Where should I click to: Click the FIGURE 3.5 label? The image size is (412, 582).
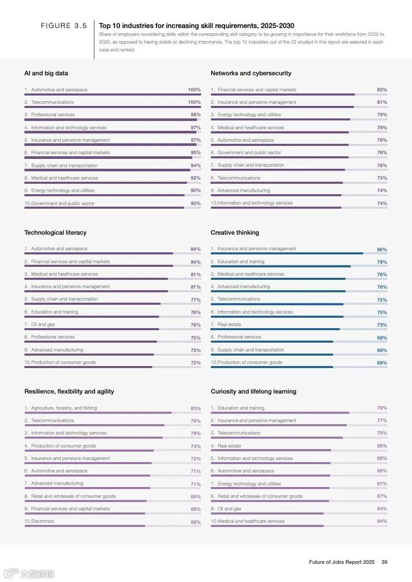(64, 26)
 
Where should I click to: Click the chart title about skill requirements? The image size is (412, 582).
(196, 25)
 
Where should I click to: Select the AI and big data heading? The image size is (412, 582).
(46, 73)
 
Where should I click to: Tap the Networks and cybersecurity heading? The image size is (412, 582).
(251, 73)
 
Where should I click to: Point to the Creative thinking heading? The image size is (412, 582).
(235, 233)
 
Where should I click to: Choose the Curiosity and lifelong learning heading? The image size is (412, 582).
(254, 391)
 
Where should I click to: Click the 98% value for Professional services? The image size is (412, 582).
(195, 115)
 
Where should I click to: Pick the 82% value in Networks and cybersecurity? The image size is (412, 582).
(382, 90)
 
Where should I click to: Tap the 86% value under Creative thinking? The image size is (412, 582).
(382, 249)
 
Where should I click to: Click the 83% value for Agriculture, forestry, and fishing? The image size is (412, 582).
(195, 409)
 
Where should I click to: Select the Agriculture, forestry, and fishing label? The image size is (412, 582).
(64, 408)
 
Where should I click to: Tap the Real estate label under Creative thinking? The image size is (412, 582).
(229, 324)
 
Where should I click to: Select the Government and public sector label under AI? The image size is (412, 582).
(63, 204)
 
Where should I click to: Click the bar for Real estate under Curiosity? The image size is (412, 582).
(271, 450)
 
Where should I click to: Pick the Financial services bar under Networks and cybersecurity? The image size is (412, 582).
(283, 94)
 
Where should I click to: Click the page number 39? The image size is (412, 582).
(384, 562)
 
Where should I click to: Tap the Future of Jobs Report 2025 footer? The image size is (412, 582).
(341, 562)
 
